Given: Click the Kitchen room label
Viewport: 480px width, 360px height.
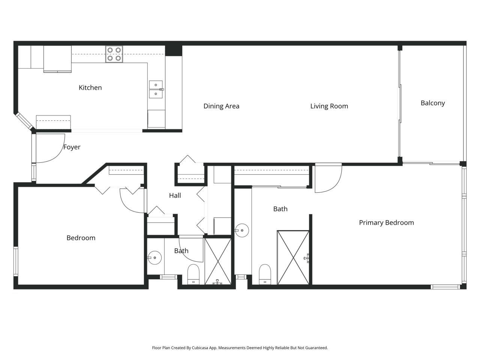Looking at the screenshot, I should (90, 88).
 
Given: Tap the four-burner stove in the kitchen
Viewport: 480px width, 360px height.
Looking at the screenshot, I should (114, 54).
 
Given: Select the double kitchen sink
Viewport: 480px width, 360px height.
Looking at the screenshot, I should (156, 89).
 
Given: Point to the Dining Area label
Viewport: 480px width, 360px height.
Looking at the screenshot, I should (221, 106).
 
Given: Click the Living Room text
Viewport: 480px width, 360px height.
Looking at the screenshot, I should (329, 106).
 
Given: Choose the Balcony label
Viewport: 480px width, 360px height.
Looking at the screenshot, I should (432, 103).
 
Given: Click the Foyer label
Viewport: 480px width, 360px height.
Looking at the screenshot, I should (72, 147).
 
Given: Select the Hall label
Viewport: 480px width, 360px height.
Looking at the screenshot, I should (175, 195).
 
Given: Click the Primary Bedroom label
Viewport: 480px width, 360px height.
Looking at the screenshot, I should (386, 223).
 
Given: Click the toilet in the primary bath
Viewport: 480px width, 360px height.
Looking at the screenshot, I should (265, 274).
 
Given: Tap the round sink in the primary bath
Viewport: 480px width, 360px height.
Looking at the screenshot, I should (242, 231).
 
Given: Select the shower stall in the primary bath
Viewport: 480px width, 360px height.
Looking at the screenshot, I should (293, 257).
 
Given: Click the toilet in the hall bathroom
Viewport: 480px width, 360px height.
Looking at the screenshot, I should (193, 274).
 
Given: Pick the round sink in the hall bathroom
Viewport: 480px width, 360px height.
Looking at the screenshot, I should (154, 258).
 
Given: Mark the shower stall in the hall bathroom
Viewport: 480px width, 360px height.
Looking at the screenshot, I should (218, 261).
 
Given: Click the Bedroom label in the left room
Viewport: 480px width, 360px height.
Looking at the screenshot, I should (81, 238).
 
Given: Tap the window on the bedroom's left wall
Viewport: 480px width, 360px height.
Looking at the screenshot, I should (16, 261).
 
